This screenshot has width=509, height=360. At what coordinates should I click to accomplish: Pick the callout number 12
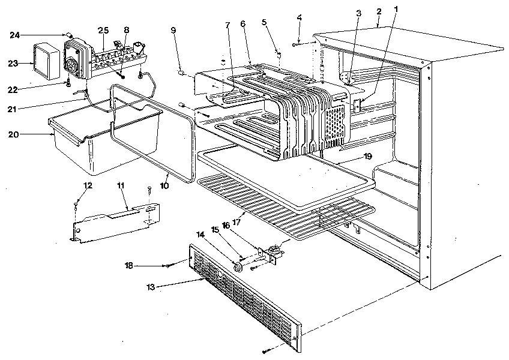(x=88, y=185)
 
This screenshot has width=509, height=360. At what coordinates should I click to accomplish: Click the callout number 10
(x=164, y=187)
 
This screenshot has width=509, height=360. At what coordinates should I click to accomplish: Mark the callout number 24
(x=14, y=35)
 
